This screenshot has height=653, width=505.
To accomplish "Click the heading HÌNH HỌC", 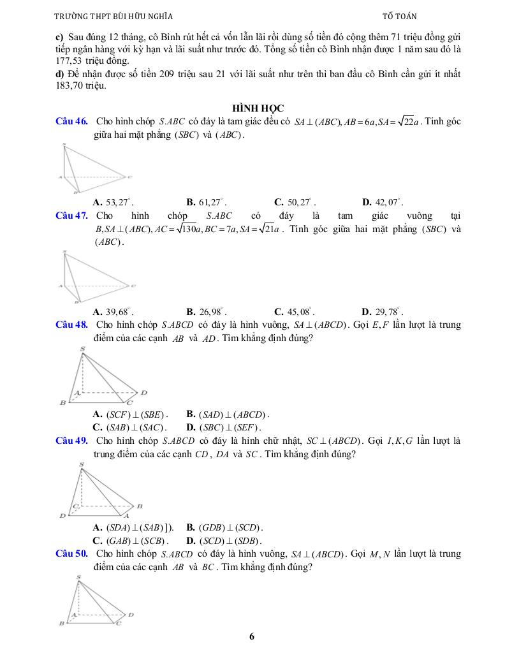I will click(258, 108).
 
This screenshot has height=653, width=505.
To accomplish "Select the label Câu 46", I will click(71, 121).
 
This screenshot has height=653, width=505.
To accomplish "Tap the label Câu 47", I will click(71, 216).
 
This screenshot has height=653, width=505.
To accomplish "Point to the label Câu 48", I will click(71, 325).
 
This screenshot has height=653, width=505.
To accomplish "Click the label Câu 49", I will click(71, 440).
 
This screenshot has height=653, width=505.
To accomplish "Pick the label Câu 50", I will click(71, 554).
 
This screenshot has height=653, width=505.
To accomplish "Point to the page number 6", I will click(252, 636).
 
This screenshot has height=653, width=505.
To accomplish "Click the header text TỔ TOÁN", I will click(399, 17).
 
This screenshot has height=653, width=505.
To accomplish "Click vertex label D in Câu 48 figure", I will click(144, 392).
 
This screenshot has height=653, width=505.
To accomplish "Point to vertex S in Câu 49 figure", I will click(81, 464).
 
